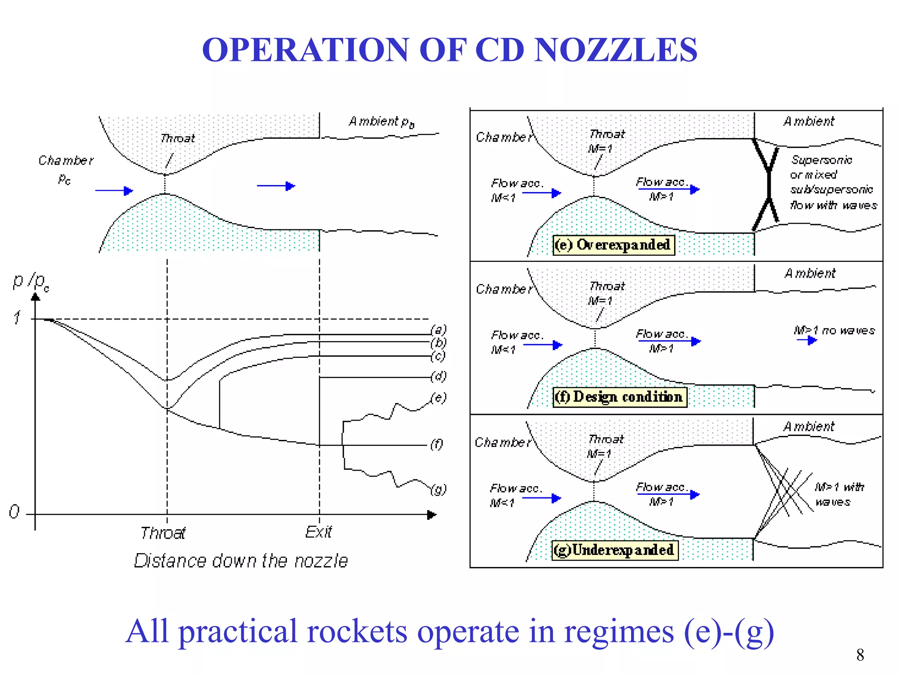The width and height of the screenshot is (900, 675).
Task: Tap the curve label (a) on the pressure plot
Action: [x=438, y=330]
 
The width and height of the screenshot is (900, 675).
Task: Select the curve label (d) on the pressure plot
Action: [x=438, y=376]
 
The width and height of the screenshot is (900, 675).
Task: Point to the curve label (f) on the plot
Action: [x=436, y=444]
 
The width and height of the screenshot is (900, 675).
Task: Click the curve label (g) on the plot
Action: [x=438, y=489]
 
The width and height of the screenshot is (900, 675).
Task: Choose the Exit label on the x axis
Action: [x=319, y=532]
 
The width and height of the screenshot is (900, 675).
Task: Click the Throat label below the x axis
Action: [x=163, y=533]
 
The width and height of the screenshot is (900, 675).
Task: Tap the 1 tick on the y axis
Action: [x=17, y=317]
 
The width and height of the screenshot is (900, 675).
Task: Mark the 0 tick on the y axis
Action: [x=14, y=512]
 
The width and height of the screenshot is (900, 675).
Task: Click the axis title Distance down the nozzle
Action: [x=241, y=561]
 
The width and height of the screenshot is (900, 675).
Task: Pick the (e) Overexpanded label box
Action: [x=613, y=245]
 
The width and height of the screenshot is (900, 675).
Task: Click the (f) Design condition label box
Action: [x=619, y=397]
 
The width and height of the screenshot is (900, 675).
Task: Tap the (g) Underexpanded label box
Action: [x=614, y=550]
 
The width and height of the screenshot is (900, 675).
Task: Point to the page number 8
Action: [x=860, y=655]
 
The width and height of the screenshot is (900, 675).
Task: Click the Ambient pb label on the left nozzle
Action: [x=381, y=122]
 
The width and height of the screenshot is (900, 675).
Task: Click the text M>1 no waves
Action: [x=834, y=330]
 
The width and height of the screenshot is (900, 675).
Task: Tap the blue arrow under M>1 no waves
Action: [x=807, y=341]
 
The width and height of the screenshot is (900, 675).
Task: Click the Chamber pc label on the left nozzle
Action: [x=66, y=169]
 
